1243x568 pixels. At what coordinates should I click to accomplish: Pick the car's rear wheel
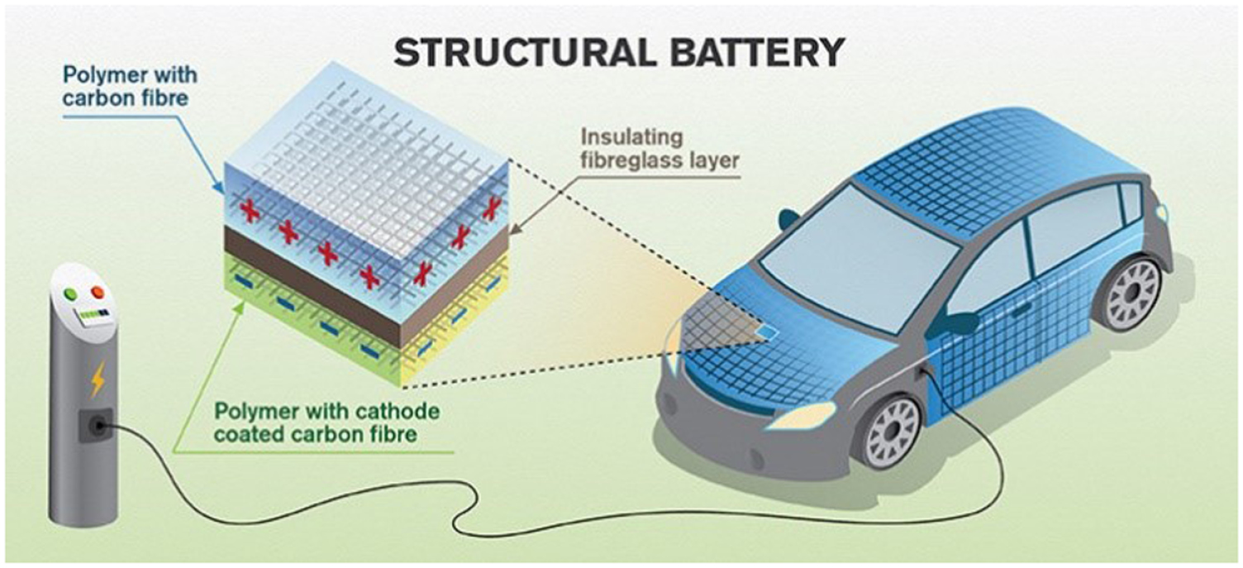click(1135, 294)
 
